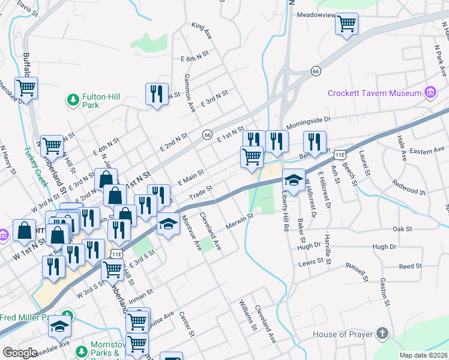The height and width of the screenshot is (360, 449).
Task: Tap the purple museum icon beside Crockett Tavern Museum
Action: point(430,92)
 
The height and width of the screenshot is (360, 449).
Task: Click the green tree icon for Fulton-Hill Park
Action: point(73,99)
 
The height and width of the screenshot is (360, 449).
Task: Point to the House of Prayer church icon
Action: point(382,334)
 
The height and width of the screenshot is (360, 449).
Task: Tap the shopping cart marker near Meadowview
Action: point(346,25)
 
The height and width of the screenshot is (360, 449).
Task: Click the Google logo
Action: point(20,353)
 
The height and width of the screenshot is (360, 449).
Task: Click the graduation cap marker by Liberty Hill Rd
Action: point(294,179)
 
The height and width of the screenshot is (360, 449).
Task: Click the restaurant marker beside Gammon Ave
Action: point(157,94)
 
